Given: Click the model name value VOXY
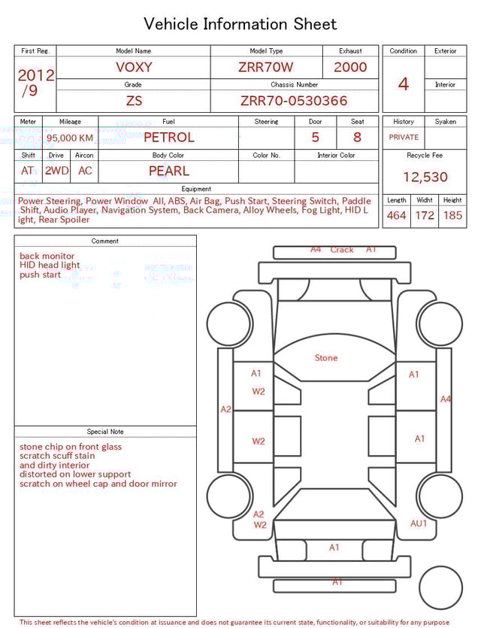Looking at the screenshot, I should (x=134, y=67).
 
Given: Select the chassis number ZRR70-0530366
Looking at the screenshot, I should (x=294, y=101).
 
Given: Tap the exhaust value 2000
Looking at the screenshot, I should (x=350, y=67).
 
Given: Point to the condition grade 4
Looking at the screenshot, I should (x=403, y=83).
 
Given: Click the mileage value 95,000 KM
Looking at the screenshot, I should (x=70, y=138).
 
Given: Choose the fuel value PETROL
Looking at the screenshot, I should (x=168, y=137).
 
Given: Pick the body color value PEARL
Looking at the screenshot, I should (x=168, y=171).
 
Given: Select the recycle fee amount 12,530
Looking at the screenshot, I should (x=425, y=177).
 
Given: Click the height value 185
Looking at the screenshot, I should (x=452, y=215).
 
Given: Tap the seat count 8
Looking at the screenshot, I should (x=357, y=137).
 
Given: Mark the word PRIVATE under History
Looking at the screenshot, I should (x=404, y=137).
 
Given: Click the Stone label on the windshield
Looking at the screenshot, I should (x=326, y=358).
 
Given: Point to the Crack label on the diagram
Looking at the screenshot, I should (x=342, y=250).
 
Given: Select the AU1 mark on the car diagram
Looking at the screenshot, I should (x=419, y=523).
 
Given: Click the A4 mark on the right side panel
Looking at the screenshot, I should (x=446, y=399).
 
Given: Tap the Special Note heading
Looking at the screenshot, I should (x=105, y=432).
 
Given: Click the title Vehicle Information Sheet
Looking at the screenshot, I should (x=240, y=24).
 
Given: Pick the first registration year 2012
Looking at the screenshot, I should (x=35, y=75).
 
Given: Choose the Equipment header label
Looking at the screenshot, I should (x=196, y=189).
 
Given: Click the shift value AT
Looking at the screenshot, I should (x=28, y=171).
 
